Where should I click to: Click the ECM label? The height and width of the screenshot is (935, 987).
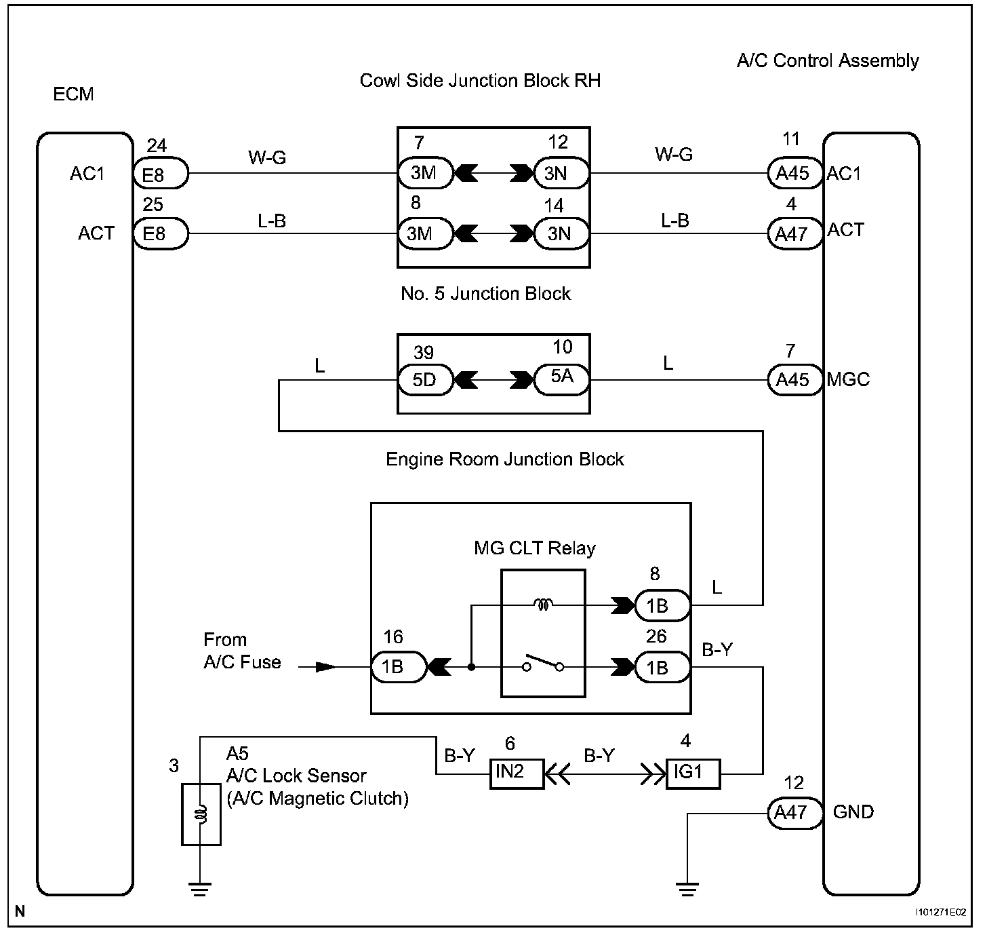click(x=73, y=94)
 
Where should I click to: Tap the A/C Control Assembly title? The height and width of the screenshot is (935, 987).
click(x=827, y=61)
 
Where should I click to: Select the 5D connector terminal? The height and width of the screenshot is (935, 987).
click(x=425, y=379)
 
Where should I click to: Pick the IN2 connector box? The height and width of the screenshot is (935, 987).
click(x=517, y=774)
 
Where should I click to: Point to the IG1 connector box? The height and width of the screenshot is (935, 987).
click(x=693, y=774)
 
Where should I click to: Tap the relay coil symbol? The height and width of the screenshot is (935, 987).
click(x=543, y=605)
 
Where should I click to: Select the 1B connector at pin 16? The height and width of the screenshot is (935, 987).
click(x=399, y=667)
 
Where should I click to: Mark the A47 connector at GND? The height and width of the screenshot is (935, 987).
click(x=795, y=813)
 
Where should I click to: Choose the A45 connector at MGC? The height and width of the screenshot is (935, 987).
click(x=795, y=379)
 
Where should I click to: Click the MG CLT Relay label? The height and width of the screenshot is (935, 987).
click(x=535, y=548)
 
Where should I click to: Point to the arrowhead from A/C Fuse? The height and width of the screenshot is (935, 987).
click(x=326, y=667)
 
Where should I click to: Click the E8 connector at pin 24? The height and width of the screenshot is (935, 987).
click(x=161, y=173)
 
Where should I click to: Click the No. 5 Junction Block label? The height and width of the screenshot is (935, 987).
click(x=485, y=294)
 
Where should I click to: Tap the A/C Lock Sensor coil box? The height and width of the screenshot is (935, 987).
click(x=201, y=814)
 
